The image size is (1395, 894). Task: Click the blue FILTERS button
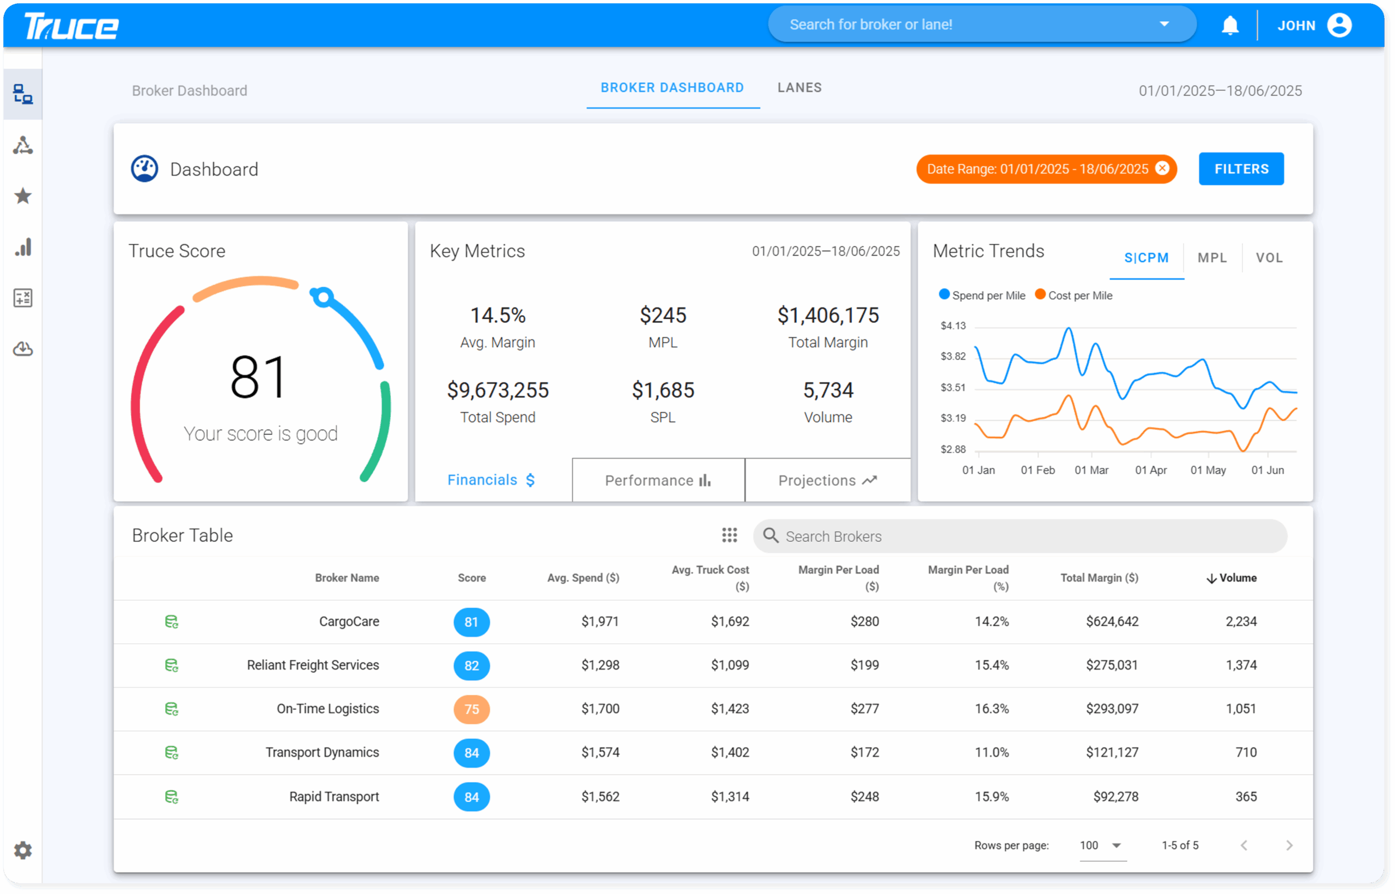click(1241, 169)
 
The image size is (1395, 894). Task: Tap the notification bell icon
click(1230, 26)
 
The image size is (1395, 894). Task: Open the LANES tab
click(799, 88)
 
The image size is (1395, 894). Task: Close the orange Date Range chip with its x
click(1162, 168)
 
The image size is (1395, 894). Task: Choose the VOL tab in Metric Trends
click(1269, 258)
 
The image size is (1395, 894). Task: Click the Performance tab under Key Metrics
click(658, 480)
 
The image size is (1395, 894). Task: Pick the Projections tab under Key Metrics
click(827, 480)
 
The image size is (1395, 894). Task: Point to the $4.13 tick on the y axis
click(953, 325)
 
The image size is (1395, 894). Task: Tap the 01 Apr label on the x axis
click(1150, 470)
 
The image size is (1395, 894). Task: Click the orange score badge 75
click(471, 709)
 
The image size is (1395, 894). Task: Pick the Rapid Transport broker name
click(333, 796)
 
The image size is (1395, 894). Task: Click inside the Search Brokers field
click(1021, 536)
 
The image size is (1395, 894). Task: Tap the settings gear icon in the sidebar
click(23, 850)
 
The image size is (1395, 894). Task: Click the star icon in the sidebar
click(23, 196)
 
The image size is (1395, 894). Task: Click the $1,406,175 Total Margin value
click(828, 315)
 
